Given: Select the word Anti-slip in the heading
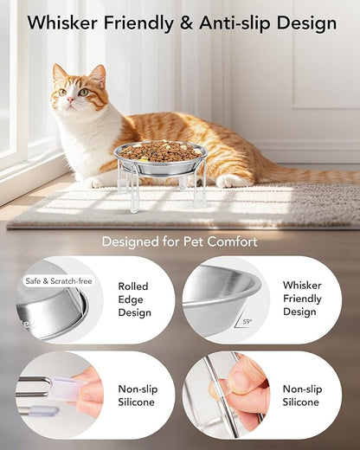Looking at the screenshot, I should point(238,23).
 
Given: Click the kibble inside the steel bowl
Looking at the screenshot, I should point(160,152).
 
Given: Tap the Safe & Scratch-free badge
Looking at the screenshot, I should point(57,280).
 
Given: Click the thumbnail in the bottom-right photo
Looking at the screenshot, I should point(241,373).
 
